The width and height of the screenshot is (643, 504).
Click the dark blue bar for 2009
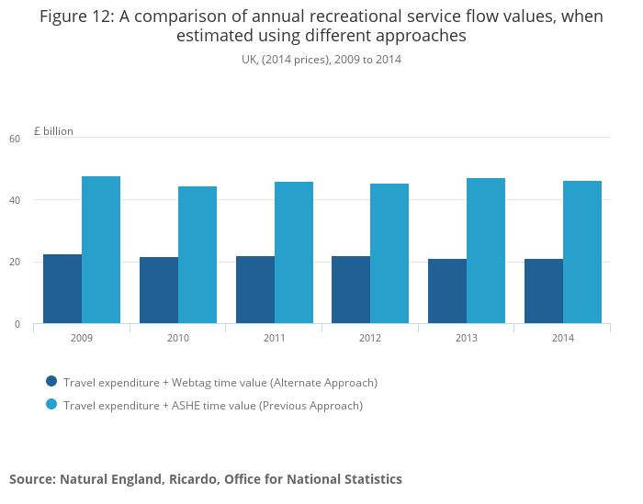click(x=62, y=288)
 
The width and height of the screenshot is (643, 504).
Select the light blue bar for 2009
click(x=101, y=250)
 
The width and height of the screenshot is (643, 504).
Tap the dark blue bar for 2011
click(x=255, y=289)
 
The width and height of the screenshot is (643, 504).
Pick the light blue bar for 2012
click(x=389, y=253)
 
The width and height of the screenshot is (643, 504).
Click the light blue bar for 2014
click(x=582, y=252)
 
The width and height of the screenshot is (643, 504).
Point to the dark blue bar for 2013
click(x=447, y=291)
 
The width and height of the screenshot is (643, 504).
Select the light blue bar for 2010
click(x=197, y=254)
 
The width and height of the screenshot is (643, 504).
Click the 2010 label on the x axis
click(x=178, y=338)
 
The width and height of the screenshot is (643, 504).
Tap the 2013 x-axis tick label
click(x=467, y=338)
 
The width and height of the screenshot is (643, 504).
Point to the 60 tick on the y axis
click(x=15, y=139)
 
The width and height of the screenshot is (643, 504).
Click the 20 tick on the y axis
click(x=15, y=263)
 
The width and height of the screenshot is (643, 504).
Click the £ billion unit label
click(x=53, y=131)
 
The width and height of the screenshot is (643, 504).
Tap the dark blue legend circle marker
click(x=51, y=381)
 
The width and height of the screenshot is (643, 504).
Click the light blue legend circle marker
click(x=51, y=404)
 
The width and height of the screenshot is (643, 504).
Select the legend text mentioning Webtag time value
click(x=220, y=382)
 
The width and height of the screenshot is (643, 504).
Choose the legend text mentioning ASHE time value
click(x=213, y=405)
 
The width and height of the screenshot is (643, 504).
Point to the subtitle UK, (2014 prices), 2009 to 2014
click(x=321, y=60)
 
